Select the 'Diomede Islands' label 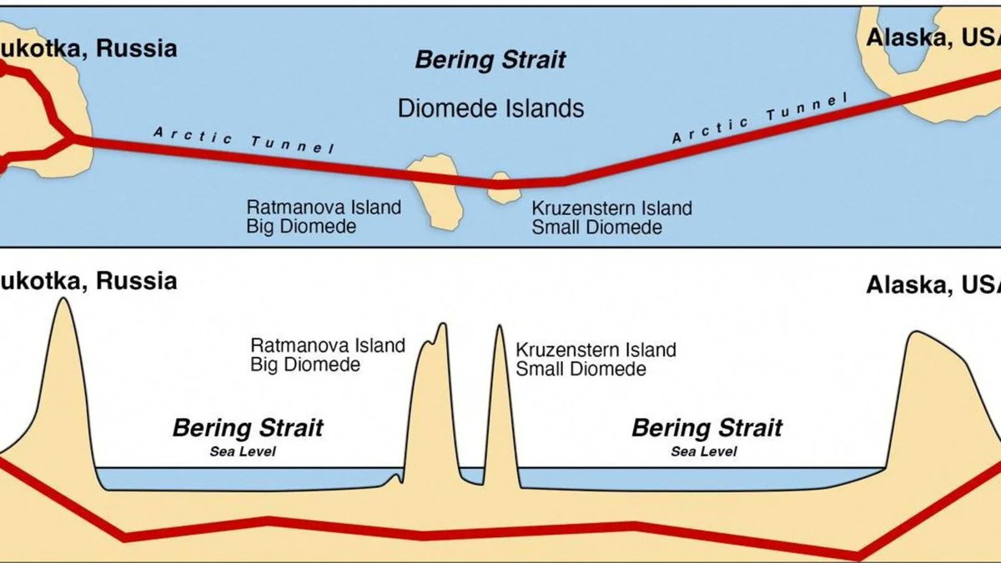(x=490, y=108)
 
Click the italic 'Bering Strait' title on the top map (x=490, y=60)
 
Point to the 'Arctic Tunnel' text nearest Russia (x=244, y=139)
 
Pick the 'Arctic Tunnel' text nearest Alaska (x=759, y=119)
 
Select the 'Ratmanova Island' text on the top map (x=324, y=207)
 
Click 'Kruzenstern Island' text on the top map (x=611, y=208)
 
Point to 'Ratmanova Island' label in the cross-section (x=328, y=344)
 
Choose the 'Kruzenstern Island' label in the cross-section (x=596, y=349)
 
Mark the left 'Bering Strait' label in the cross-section (x=247, y=429)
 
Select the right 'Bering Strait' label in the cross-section (x=707, y=429)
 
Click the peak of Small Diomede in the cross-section (x=500, y=327)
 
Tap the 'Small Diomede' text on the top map (x=596, y=227)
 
